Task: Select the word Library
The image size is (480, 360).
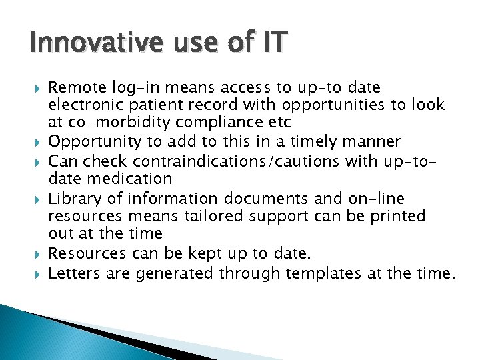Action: pos(73,198)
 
